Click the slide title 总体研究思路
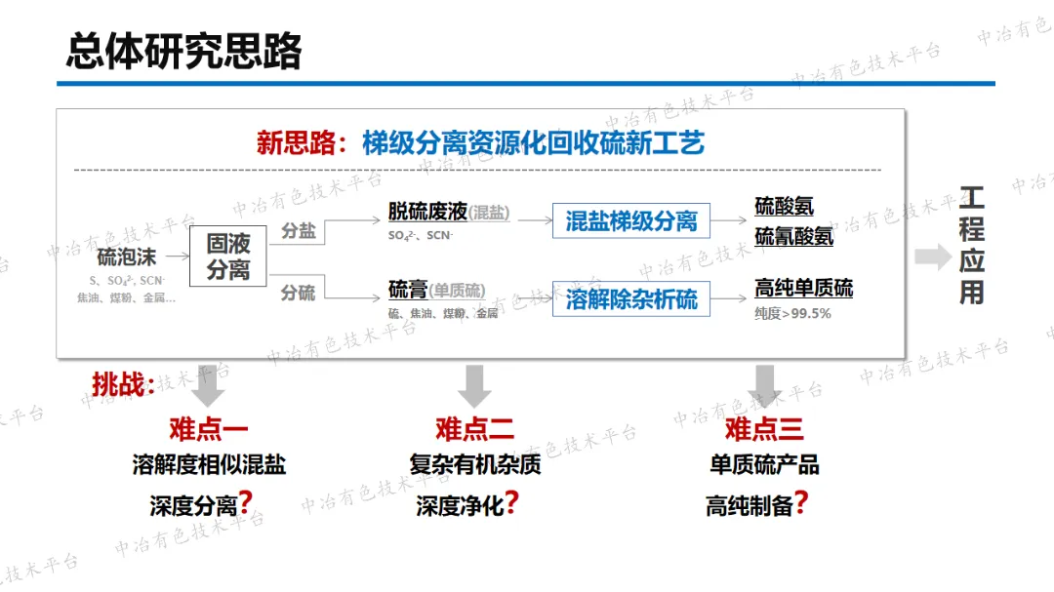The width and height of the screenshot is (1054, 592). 184,51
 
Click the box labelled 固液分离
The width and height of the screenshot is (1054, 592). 228,257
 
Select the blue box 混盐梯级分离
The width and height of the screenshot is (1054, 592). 631,220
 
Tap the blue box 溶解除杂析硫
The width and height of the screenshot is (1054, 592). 631,298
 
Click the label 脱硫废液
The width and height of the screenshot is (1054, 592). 426,213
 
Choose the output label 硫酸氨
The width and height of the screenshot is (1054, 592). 784,207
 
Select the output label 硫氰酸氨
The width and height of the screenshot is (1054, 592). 793,235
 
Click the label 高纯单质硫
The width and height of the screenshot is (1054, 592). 803,288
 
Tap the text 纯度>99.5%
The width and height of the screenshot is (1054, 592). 792,313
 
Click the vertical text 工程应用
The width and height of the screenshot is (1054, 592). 971,246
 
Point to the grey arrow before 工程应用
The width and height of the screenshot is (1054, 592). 931,257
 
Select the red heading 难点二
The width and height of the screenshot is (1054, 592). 474,429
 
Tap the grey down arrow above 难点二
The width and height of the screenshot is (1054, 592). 474,385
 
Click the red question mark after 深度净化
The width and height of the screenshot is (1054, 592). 511,503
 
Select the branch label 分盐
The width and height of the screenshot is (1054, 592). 299,232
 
